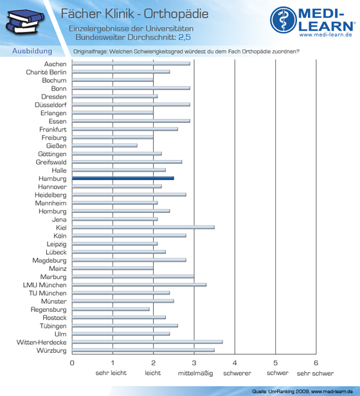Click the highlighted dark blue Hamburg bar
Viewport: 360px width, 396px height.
[x=123, y=178]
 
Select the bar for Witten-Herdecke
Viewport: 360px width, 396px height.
[x=147, y=342]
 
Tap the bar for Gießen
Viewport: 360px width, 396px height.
[x=105, y=145]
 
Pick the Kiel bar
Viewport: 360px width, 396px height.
[x=143, y=228]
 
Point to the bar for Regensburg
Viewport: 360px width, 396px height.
[x=111, y=309]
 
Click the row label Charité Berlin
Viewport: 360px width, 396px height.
[x=46, y=72]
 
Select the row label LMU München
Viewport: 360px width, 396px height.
[x=45, y=285]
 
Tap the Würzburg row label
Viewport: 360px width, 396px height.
[x=51, y=350]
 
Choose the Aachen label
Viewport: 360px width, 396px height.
[x=55, y=64]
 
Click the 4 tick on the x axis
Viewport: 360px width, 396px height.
[x=235, y=363]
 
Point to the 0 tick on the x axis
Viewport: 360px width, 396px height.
[x=72, y=363]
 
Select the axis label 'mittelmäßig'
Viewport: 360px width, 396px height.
[x=195, y=373]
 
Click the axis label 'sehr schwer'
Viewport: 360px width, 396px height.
[x=315, y=373]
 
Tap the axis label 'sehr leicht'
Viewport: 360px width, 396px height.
[x=111, y=373]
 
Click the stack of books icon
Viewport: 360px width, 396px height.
[x=25, y=21]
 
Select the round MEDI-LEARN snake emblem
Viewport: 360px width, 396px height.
[x=283, y=20]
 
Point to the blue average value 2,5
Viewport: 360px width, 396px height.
[x=184, y=37]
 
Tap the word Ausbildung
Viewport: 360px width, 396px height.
[x=32, y=51]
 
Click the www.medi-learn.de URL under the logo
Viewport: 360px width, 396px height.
[x=325, y=35]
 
